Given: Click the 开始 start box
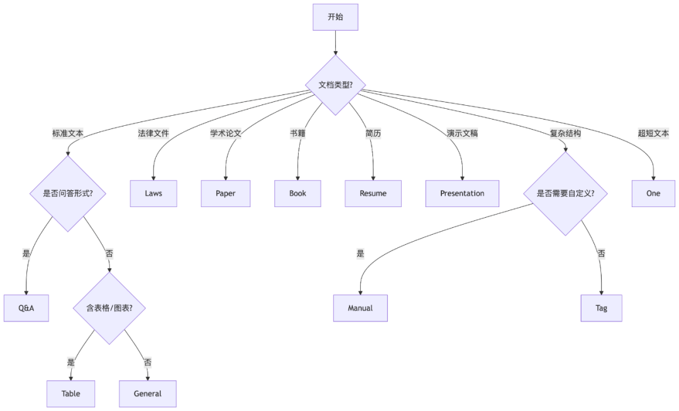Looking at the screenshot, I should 335,17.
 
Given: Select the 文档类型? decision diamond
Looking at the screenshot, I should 335,85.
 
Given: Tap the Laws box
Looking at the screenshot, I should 153,193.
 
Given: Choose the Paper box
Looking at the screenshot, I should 226,193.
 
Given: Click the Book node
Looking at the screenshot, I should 297,193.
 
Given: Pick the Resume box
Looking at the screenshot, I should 373,193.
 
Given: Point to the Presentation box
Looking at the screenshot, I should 462,193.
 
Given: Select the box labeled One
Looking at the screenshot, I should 653,193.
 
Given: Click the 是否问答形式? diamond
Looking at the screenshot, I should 68,193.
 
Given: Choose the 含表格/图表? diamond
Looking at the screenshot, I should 109,308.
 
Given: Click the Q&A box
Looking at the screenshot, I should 26,308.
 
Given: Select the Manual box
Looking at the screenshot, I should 360,308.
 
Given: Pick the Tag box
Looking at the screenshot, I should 601,308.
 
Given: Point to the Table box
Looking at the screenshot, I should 70,393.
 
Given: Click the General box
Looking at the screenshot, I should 148,393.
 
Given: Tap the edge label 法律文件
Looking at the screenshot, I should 153,133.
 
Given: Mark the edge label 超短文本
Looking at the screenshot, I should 653,133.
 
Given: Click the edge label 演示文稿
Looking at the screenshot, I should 462,133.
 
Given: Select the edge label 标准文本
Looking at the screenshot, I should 68,133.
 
